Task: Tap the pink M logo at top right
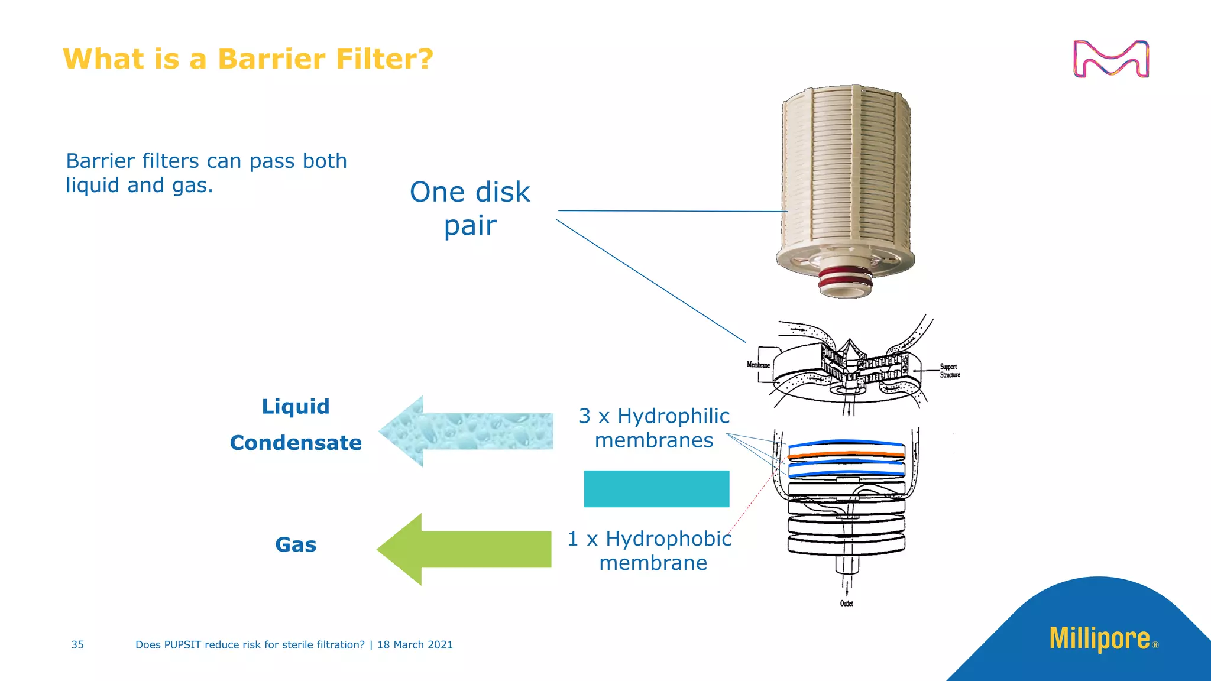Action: pos(1110,59)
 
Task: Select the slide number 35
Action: pos(77,645)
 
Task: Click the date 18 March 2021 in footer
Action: pos(415,645)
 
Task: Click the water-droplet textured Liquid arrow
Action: pos(467,431)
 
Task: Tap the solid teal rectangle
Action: pos(656,489)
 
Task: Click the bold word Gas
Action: pos(296,544)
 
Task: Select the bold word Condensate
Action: pos(296,443)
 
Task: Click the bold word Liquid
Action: pos(296,407)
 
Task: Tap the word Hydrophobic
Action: pos(668,539)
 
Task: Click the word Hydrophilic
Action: pos(674,416)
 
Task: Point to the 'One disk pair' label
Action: pos(470,208)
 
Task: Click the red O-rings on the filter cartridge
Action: pos(846,278)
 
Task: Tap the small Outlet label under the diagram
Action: pos(846,604)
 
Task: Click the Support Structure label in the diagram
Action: pos(950,371)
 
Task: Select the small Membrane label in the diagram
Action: pos(758,365)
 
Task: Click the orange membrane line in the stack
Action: pos(847,455)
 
